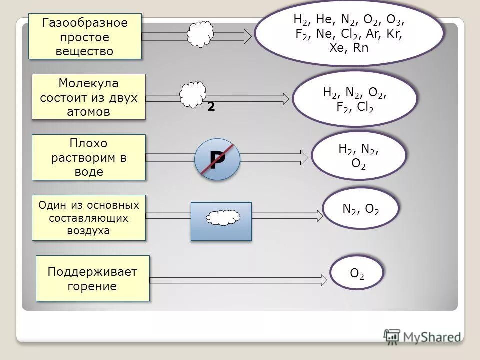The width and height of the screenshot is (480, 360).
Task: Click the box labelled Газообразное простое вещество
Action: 85,37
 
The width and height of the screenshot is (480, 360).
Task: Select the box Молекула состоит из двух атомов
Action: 88,97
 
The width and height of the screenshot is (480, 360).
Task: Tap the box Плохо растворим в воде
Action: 88,157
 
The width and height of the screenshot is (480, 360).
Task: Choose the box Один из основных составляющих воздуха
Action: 88,218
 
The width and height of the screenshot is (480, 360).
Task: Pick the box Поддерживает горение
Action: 93,278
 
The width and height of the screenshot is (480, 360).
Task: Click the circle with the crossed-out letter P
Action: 217,160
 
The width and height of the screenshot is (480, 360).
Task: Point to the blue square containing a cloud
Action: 221,221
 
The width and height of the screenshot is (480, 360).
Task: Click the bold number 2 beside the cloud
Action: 211,107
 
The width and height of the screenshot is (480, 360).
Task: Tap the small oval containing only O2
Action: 357,273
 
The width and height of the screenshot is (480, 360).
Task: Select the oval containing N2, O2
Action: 361,209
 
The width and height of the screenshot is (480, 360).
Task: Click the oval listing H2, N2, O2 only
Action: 358,156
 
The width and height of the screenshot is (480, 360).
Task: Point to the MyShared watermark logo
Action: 422,337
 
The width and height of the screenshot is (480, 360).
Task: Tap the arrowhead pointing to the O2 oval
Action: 325,277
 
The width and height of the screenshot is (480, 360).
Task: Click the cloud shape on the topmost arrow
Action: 201,35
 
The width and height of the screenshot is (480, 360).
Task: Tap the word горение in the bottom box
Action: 93,286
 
